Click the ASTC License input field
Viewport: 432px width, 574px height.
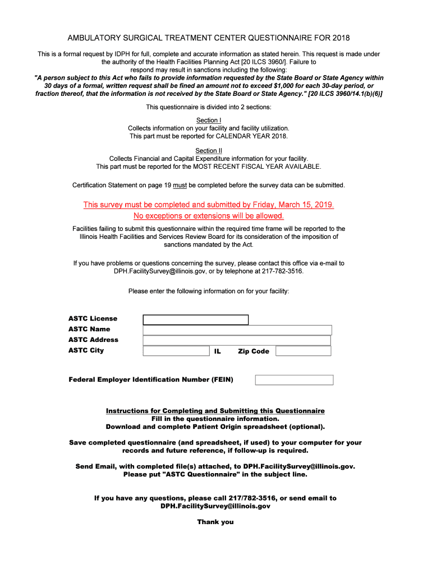195,320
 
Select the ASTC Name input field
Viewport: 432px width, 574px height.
237,330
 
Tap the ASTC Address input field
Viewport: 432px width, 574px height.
237,340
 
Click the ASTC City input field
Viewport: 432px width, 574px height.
176,351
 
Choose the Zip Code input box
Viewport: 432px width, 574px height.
303,351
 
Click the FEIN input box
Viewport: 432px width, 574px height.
294,380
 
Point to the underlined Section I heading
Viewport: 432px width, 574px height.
209,121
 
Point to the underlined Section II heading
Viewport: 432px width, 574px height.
209,151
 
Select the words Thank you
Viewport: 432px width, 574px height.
215,522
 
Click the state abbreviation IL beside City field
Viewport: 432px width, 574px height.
218,351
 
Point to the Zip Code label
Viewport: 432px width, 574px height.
254,351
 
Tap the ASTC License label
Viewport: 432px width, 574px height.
93,318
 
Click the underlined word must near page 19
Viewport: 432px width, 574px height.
180,185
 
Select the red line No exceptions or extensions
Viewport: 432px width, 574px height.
209,216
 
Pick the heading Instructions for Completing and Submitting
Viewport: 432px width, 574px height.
215,411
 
